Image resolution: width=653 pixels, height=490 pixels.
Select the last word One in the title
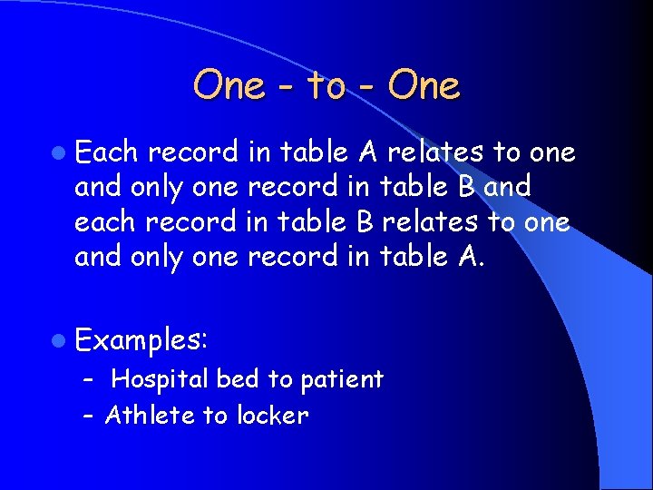pyautogui.click(x=424, y=86)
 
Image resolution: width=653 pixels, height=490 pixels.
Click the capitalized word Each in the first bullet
pyautogui.click(x=108, y=152)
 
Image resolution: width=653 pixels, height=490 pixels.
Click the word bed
pyautogui.click(x=237, y=379)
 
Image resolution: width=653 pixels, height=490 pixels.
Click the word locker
pyautogui.click(x=272, y=416)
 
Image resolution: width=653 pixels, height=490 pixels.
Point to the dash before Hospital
pyautogui.click(x=88, y=379)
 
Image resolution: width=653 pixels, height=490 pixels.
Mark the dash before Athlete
pyautogui.click(x=88, y=416)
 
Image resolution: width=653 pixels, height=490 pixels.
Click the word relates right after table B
pyautogui.click(x=433, y=222)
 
